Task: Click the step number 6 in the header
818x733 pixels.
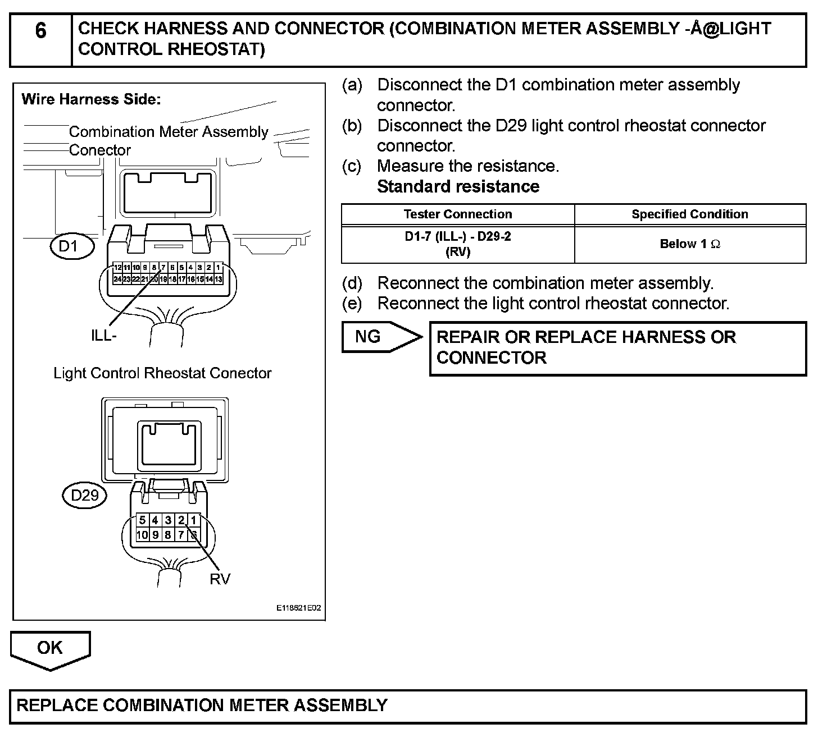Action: click(x=40, y=31)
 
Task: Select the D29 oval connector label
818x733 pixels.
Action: click(x=84, y=495)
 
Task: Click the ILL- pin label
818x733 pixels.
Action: click(x=104, y=336)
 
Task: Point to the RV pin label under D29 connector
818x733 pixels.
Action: click(x=220, y=579)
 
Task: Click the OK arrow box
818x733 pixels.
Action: click(x=50, y=648)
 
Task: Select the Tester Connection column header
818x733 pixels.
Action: click(x=457, y=214)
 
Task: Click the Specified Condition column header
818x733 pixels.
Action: click(x=689, y=214)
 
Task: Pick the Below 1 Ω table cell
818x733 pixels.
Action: click(x=689, y=244)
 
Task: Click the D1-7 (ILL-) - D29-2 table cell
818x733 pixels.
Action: click(x=457, y=244)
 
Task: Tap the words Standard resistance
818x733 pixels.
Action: click(x=458, y=186)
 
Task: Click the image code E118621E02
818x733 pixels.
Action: click(x=299, y=608)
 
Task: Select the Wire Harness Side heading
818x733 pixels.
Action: click(x=91, y=100)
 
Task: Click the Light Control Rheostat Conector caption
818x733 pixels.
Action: click(x=162, y=373)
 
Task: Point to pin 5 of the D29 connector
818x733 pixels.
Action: click(x=143, y=521)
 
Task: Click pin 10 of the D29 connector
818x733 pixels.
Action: click(x=142, y=535)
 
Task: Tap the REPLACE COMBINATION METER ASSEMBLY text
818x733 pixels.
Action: click(x=202, y=705)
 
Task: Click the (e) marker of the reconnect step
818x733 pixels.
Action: click(x=352, y=304)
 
